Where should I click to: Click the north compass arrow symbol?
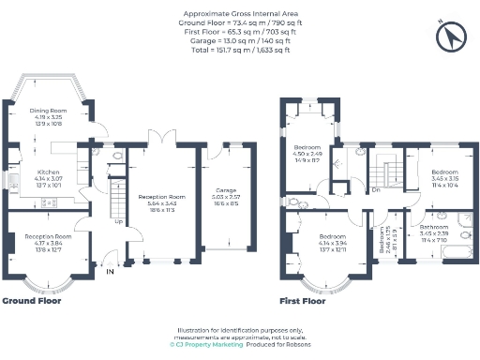coord(456,37)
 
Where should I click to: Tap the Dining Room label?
coord(51,114)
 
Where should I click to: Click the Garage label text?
coord(225,189)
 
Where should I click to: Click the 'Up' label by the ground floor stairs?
coord(117,222)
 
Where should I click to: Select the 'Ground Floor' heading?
coord(32,302)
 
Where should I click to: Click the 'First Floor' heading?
coord(304,302)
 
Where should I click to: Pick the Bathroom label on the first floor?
coord(433,228)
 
